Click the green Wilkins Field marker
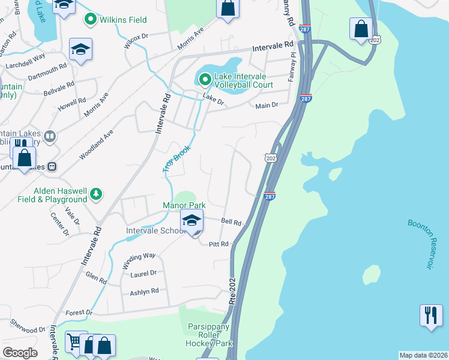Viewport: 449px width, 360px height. [91, 20]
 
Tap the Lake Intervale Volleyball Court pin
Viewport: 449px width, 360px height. [205, 79]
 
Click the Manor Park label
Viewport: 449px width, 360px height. [184, 205]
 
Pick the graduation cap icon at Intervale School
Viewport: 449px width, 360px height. [191, 221]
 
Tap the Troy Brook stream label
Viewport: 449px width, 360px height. [176, 158]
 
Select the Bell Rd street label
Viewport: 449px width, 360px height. [231, 221]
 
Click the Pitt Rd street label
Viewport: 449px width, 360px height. [219, 244]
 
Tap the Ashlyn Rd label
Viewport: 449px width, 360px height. [144, 292]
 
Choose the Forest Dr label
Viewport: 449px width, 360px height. [79, 313]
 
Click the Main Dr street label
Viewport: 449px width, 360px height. [267, 106]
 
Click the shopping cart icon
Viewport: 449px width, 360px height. [74, 342]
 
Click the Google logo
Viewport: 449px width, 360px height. [20, 353]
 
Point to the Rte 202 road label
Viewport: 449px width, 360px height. [232, 290]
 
